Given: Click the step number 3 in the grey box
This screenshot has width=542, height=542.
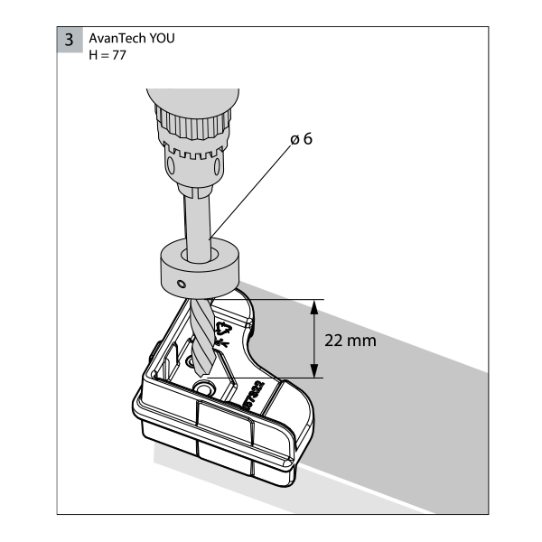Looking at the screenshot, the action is point(70,40).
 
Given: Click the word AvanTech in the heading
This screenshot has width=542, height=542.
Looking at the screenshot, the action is point(117,38).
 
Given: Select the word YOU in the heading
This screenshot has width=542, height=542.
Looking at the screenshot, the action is point(162,38).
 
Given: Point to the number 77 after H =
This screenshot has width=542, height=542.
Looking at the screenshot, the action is point(119,55).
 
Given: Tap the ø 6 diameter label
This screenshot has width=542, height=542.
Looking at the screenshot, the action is point(302,139).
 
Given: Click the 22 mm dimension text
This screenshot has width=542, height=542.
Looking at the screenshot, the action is point(350,341).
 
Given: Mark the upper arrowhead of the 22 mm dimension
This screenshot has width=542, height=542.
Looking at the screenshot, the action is point(313,307).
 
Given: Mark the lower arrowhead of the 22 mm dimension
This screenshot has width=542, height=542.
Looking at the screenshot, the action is point(313,370).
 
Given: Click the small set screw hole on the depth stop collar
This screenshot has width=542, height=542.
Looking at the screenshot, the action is point(182,285).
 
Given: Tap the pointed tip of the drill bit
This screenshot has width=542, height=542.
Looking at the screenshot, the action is point(204,375).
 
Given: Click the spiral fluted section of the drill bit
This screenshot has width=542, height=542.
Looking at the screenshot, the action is point(203,337).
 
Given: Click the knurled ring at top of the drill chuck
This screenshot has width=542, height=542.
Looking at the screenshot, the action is point(193,122).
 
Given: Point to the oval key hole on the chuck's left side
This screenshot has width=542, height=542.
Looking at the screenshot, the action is point(171,165).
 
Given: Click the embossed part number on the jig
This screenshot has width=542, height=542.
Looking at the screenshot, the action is point(255,396).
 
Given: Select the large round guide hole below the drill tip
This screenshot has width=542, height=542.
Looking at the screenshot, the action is point(204,388).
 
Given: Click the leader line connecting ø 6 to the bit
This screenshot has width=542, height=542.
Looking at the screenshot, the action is point(250,192).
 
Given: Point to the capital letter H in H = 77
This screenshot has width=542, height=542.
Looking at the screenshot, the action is point(93,55).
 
